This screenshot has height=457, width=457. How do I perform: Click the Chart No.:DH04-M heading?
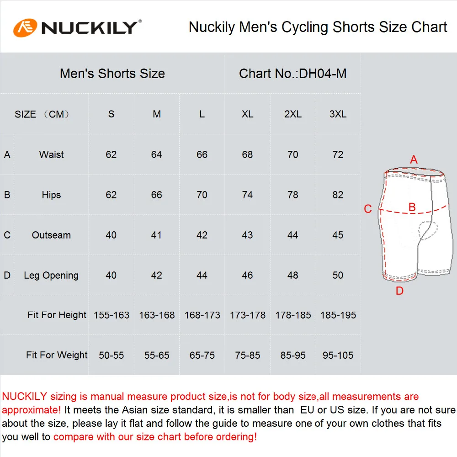(x=292, y=74)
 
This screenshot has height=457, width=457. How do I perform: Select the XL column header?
(x=247, y=114)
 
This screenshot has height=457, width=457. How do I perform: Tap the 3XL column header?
(x=338, y=114)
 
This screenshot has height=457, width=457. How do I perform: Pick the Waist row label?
(x=51, y=154)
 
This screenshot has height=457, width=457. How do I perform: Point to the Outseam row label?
(x=51, y=235)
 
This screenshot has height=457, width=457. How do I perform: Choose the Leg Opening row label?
(x=51, y=276)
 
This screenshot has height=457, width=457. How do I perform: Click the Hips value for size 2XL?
(x=292, y=195)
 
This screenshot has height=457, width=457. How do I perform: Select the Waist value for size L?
(x=202, y=155)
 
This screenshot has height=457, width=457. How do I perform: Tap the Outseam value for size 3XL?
(x=338, y=235)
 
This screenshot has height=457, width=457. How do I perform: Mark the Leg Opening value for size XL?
(x=247, y=276)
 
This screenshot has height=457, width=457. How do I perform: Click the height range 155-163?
(x=112, y=315)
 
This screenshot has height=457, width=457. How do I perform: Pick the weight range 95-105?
(x=338, y=356)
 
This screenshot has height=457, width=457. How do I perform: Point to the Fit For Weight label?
(x=57, y=356)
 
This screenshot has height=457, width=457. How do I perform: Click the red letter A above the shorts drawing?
(x=414, y=160)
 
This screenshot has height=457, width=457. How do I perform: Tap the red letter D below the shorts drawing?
(x=399, y=291)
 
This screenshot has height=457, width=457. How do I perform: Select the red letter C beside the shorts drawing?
(x=368, y=209)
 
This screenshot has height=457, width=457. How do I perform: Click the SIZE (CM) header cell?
(x=42, y=114)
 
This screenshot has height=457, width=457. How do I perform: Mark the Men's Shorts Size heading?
(x=112, y=74)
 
